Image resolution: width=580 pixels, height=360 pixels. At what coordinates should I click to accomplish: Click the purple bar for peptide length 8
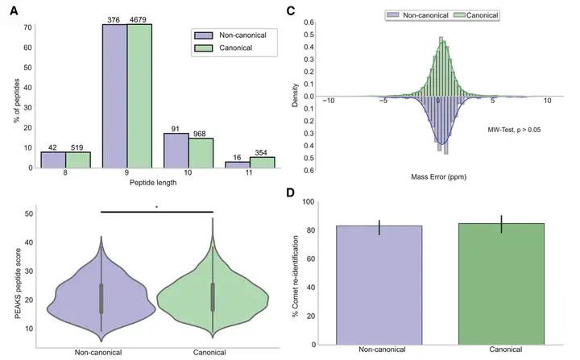tap(52, 160)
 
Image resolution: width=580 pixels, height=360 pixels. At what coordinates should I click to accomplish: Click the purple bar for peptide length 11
tap(237, 164)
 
